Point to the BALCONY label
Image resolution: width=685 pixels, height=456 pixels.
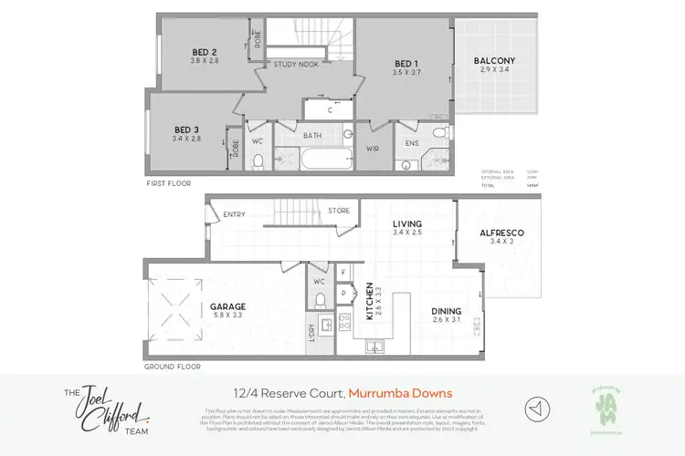click(x=494, y=62)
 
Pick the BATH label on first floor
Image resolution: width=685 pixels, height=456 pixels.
click(x=314, y=135)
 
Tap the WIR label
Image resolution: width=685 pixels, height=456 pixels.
click(x=373, y=149)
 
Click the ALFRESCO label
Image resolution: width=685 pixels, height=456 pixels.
click(x=501, y=233)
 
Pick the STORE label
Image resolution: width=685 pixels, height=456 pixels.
click(x=339, y=212)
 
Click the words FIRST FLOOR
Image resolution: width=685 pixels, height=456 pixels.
click(x=170, y=183)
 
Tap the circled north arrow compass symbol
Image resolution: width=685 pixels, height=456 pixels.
click(x=538, y=408)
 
